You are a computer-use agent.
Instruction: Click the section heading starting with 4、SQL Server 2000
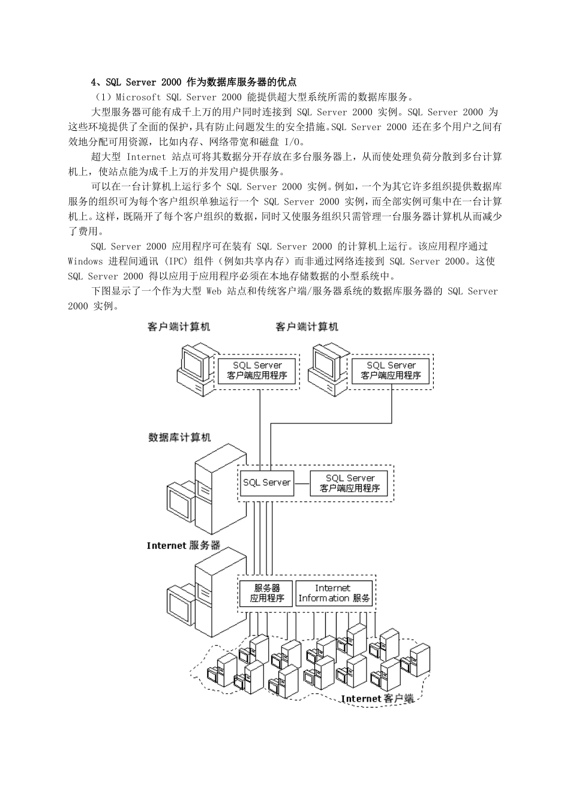(x=193, y=82)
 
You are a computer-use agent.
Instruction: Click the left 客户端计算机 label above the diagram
(x=179, y=327)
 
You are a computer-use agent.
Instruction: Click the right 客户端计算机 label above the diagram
(x=307, y=327)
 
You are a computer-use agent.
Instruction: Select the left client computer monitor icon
(x=194, y=363)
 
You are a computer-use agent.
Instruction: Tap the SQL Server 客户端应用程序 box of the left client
(x=257, y=371)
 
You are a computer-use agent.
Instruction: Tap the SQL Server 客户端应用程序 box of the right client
(x=391, y=371)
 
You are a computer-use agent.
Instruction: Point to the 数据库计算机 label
(x=179, y=438)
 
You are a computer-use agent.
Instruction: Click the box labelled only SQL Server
(x=266, y=482)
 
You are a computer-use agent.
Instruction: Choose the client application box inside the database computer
(x=349, y=483)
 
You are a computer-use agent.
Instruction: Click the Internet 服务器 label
(x=184, y=546)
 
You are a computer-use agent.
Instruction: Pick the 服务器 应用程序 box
(x=266, y=593)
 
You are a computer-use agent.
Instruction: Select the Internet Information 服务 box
(x=334, y=593)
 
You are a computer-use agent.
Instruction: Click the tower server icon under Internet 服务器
(x=214, y=591)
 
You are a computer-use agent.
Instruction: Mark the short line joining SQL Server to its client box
(x=302, y=482)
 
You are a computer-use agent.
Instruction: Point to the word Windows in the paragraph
(x=85, y=261)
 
